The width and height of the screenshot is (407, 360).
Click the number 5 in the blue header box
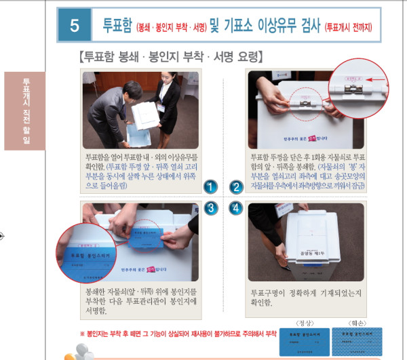coord(75,26)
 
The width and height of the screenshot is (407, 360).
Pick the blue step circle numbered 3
coord(211,207)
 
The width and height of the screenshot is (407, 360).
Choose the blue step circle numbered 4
coord(237,207)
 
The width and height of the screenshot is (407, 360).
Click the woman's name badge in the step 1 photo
coord(161,106)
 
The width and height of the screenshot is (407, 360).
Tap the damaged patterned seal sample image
coord(363,338)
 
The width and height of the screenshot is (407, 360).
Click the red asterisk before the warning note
coord(83,334)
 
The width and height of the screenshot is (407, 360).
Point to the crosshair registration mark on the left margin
coord(3,236)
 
